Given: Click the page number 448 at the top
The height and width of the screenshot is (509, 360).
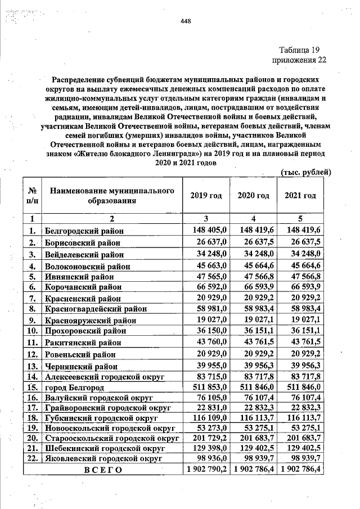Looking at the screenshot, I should [186, 22].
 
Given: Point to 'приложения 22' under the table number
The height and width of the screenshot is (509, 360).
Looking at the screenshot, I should [299, 60].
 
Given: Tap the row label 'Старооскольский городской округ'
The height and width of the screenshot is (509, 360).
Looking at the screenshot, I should [111, 438].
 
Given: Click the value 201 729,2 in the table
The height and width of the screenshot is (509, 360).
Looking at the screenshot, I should [207, 438].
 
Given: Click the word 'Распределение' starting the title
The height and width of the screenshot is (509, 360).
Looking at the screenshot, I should [81, 79].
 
